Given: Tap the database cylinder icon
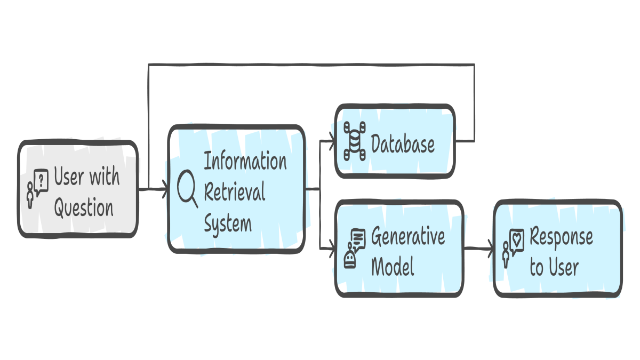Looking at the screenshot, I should click(355, 141).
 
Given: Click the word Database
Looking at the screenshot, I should click(403, 144).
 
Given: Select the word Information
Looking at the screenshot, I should click(245, 161).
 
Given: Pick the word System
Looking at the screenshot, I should click(228, 223).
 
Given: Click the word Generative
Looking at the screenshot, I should click(408, 236).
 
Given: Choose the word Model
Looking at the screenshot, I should click(393, 266).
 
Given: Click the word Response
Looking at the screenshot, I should click(561, 236).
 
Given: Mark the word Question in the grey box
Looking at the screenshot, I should click(84, 208).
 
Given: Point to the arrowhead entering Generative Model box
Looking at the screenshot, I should click(331, 249).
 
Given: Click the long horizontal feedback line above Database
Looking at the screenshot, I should click(309, 65).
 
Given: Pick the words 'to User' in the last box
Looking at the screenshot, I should click(554, 267).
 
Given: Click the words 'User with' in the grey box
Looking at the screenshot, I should click(86, 177).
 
